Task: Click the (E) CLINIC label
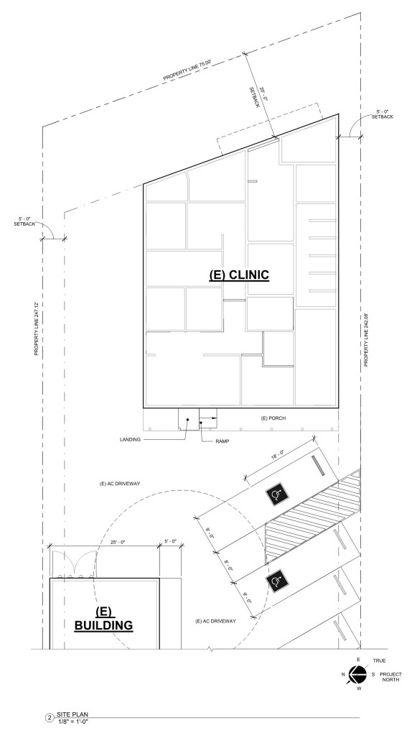tap(239, 275)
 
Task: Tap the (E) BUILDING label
tap(104, 618)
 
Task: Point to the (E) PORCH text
tap(273, 418)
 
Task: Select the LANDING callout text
tap(130, 440)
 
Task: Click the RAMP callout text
tap(222, 441)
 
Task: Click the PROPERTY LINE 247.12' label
tap(36, 328)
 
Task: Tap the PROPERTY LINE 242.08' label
tap(367, 339)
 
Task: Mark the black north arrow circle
tap(357, 674)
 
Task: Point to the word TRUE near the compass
tap(380, 661)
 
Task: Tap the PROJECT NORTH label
tap(390, 677)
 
